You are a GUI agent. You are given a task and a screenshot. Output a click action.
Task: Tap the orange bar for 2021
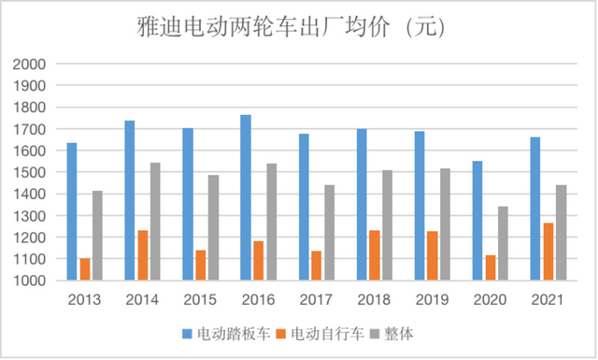point(548,252)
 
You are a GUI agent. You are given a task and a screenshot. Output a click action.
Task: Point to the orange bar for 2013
point(85,269)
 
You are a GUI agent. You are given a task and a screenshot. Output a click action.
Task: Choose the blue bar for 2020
point(477,221)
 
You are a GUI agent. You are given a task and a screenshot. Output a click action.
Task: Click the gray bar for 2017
point(329,233)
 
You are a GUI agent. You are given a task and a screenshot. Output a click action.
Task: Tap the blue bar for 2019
point(419,206)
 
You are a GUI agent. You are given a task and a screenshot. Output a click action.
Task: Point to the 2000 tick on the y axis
point(29,64)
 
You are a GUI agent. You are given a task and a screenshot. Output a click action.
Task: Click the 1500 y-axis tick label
point(29,172)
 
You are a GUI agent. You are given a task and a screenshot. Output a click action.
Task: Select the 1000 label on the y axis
point(29,281)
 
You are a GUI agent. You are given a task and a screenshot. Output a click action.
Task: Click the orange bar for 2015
point(200,266)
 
